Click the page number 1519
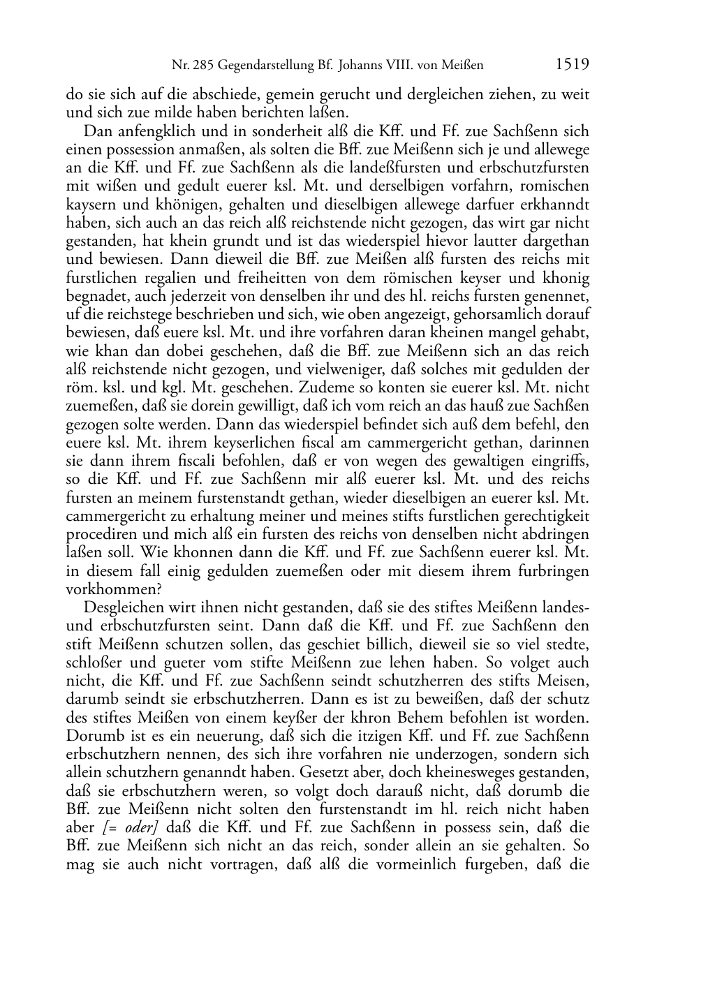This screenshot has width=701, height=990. [573, 65]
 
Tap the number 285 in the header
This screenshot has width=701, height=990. [201, 66]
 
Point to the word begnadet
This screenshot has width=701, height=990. [92, 297]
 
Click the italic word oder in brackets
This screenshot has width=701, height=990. [138, 827]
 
